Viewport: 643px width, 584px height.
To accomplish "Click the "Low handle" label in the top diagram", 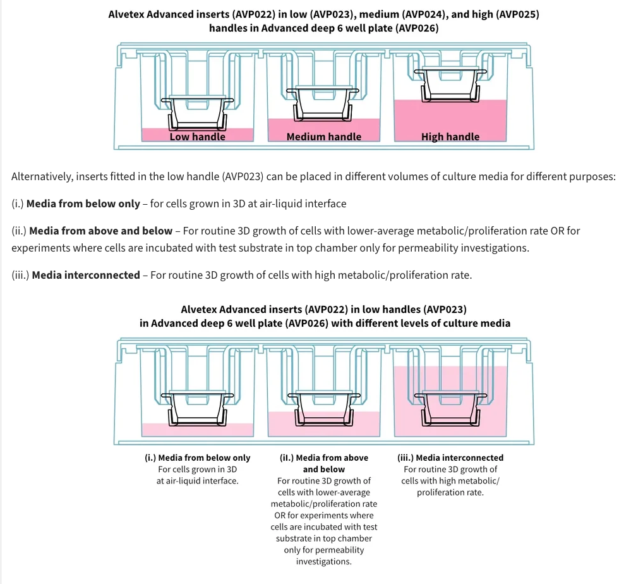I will (198, 137).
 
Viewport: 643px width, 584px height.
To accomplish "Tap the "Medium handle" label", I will (324, 137).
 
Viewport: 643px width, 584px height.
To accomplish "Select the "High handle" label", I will (450, 137).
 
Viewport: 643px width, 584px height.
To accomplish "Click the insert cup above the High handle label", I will (450, 82).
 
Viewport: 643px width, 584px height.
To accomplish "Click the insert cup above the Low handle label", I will (198, 110).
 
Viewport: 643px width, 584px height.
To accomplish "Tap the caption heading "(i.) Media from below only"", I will (198, 458).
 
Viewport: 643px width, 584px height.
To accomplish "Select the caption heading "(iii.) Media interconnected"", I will (450, 458).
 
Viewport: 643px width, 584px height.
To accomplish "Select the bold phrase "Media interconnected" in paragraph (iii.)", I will (86, 275).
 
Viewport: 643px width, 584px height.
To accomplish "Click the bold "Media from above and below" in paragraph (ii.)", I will (100, 231).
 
